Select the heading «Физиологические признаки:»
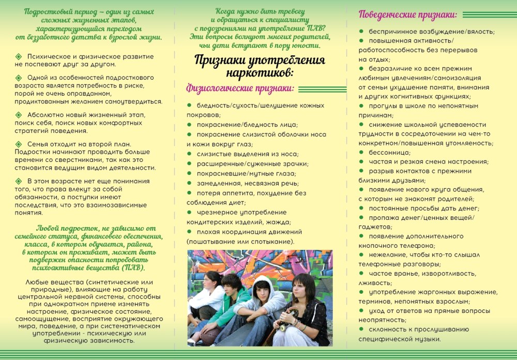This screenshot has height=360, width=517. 240,89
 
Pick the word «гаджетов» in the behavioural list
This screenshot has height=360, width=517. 375,227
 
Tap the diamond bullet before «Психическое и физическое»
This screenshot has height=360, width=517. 19,56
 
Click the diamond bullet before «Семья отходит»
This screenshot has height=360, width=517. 19,144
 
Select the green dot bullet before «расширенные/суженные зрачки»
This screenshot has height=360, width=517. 190,164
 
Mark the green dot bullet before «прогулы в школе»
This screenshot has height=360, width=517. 362,106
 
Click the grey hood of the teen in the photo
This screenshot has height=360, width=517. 264,283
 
